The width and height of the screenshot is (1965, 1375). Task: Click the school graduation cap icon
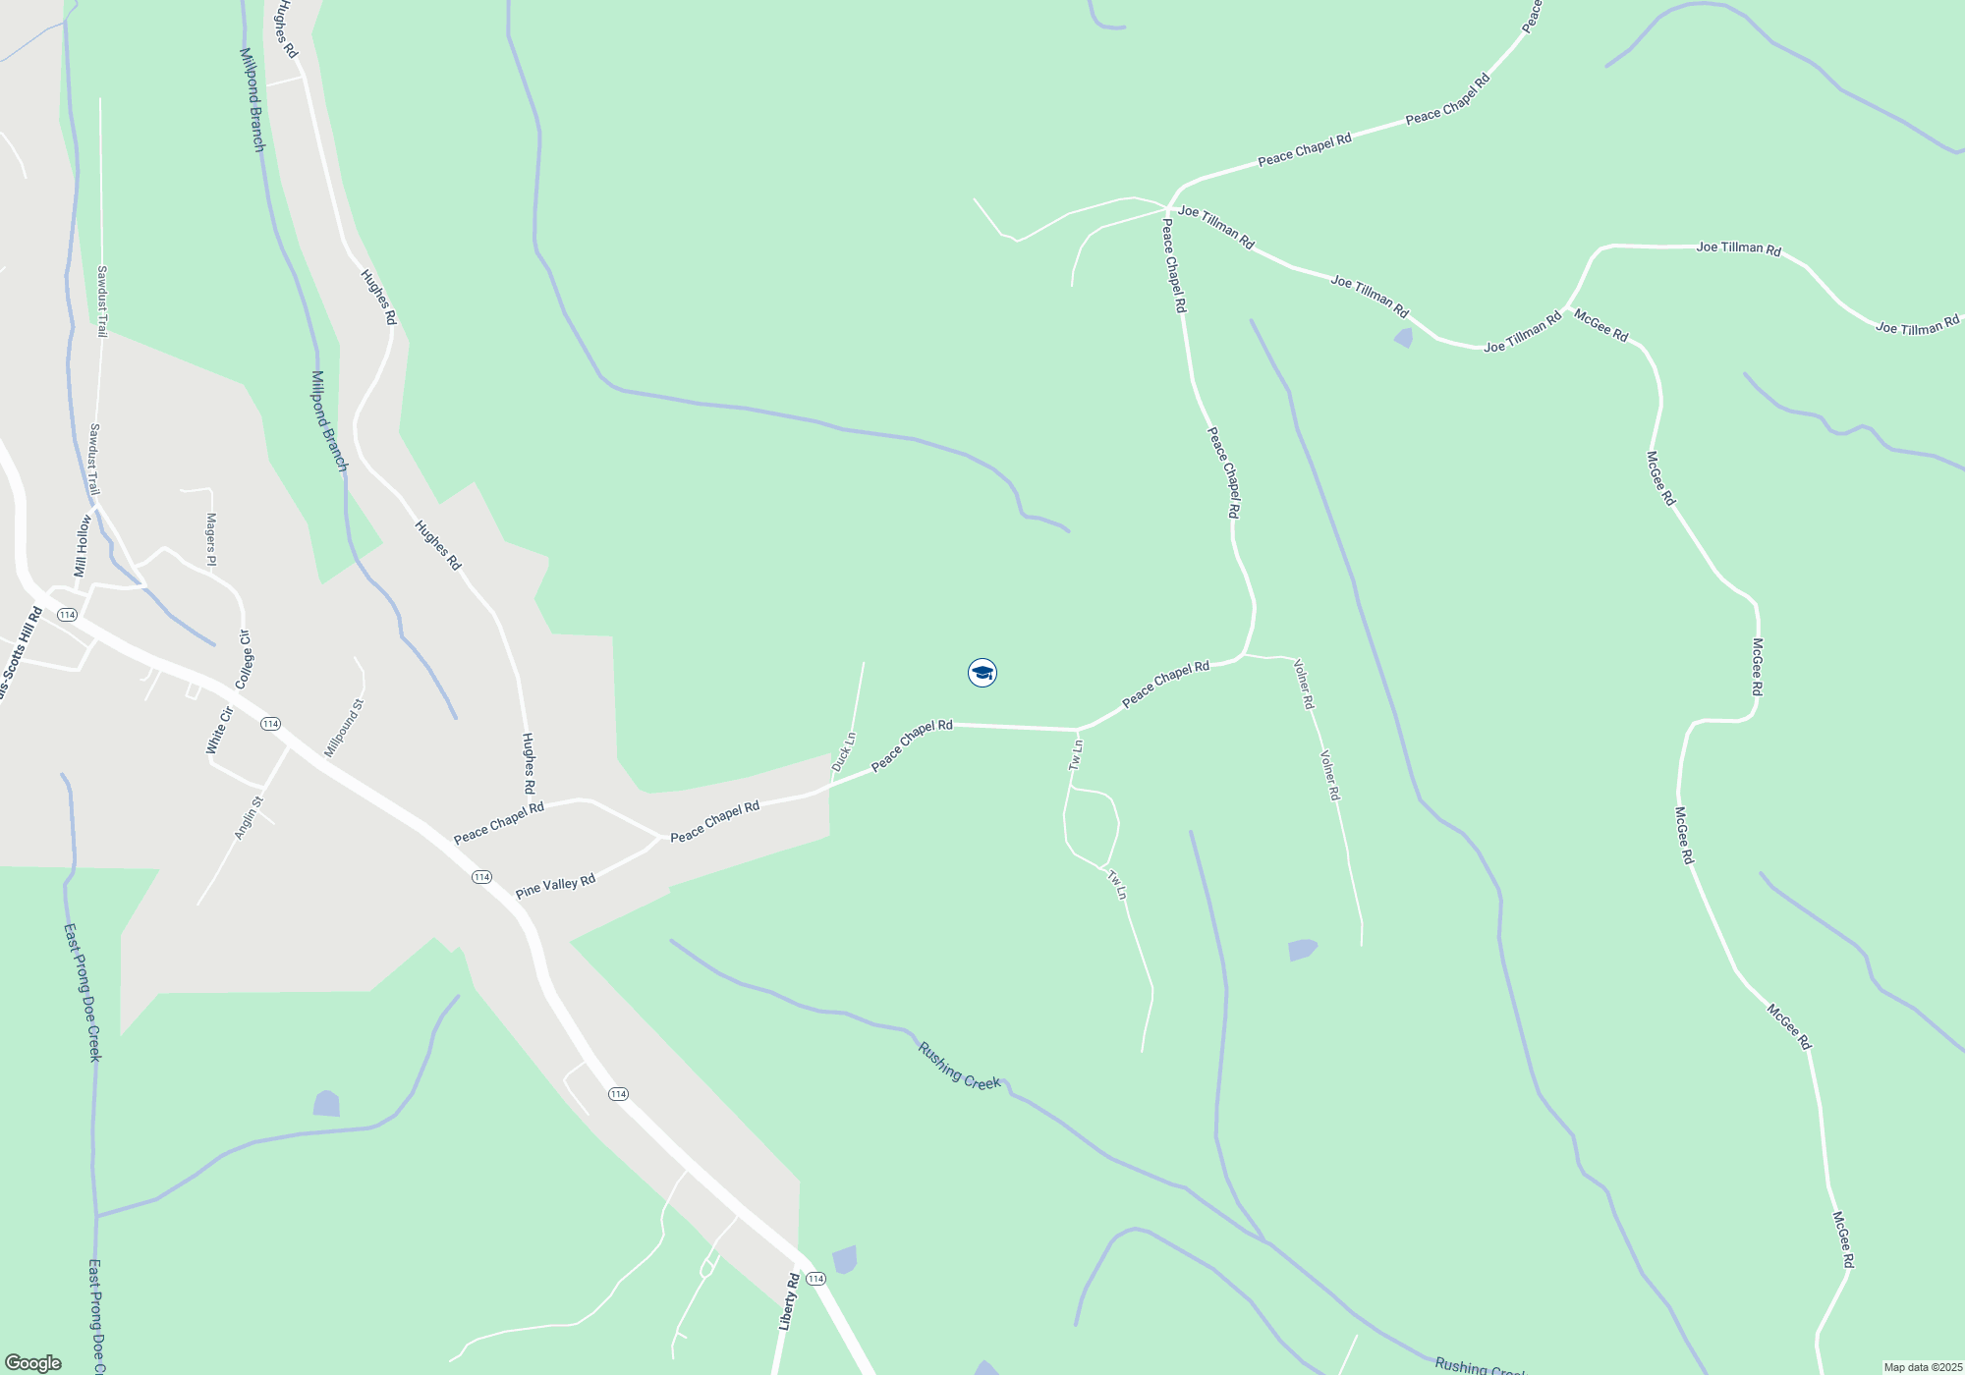[x=982, y=673]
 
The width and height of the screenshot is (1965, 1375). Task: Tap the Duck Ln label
[x=844, y=751]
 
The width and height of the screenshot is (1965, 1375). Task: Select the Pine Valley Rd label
[x=555, y=887]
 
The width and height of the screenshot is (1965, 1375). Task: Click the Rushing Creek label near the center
[x=959, y=1067]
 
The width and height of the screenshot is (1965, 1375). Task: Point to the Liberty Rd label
[x=789, y=1301]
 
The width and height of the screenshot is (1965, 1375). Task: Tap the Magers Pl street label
[x=210, y=539]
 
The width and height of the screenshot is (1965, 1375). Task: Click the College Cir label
[x=245, y=659]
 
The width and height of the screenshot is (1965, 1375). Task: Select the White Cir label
[x=219, y=731]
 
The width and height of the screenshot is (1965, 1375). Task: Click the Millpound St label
[x=344, y=728]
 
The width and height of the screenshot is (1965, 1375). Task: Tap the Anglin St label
[x=249, y=818]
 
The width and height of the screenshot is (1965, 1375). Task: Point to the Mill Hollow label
[x=83, y=546]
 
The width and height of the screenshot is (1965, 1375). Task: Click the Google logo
[x=33, y=1363]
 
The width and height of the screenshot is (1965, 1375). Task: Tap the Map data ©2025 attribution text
[x=1923, y=1367]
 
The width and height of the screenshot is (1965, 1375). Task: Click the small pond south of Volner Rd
[x=1302, y=950]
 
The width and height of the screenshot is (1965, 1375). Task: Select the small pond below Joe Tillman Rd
[x=1403, y=338]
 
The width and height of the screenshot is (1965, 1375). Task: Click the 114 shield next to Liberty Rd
[x=815, y=1279]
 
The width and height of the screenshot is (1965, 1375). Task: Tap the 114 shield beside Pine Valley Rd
[x=481, y=877]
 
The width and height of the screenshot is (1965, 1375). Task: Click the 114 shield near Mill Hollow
[x=67, y=615]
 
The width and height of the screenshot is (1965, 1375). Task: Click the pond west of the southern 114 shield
[x=326, y=1104]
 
